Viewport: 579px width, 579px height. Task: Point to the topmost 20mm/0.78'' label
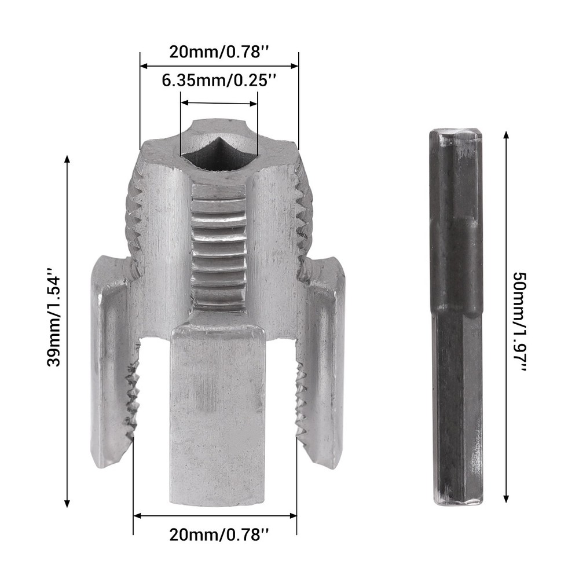tap(219, 52)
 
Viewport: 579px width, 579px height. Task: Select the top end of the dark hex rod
tap(456, 136)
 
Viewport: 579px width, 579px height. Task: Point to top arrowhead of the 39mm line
tap(67, 159)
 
